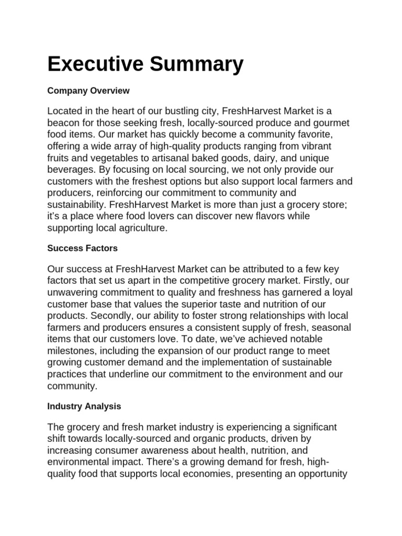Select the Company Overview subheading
[x=88, y=91]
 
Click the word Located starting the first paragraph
[x=64, y=111]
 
